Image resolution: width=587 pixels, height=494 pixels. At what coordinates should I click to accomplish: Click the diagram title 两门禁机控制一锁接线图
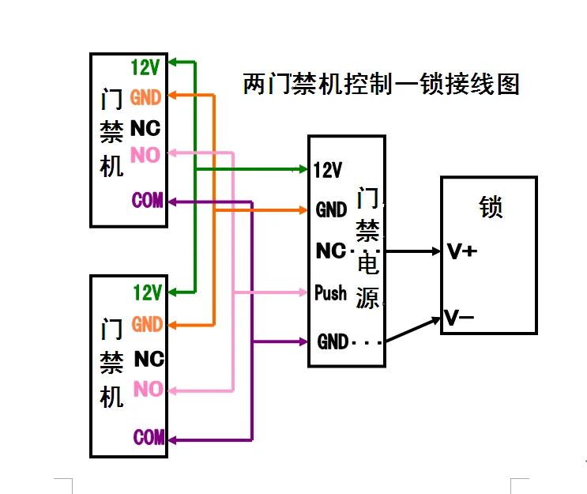(x=381, y=84)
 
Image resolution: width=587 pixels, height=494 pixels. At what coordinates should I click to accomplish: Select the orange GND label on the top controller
(x=145, y=98)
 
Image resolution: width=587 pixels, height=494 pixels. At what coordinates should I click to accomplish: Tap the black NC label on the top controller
(x=145, y=128)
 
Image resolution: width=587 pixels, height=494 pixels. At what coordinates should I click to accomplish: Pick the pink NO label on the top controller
(x=145, y=155)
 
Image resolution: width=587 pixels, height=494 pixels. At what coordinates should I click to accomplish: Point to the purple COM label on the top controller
(x=147, y=201)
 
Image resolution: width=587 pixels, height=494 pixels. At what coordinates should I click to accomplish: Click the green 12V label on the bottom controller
(x=147, y=292)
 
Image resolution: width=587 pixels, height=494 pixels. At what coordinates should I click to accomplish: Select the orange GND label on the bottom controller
(x=147, y=324)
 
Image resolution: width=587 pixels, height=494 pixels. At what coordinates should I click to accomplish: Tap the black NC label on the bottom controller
(x=149, y=359)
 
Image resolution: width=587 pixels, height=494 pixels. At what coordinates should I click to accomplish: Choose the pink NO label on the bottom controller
(x=148, y=389)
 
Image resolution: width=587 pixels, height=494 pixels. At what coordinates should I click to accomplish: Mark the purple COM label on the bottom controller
(x=149, y=436)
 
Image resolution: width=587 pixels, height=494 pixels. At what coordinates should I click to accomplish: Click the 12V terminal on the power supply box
(x=328, y=170)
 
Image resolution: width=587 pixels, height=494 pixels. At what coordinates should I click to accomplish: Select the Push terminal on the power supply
(x=330, y=293)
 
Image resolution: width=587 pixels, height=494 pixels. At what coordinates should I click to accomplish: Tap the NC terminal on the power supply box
(x=331, y=251)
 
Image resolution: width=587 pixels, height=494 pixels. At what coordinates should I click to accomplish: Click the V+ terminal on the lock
(x=461, y=252)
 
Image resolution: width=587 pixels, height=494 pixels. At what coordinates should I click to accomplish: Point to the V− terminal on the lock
(x=459, y=319)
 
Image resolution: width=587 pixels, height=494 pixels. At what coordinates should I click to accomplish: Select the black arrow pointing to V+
(x=412, y=252)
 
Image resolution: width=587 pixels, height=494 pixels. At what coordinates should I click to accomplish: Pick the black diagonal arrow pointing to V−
(x=412, y=330)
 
